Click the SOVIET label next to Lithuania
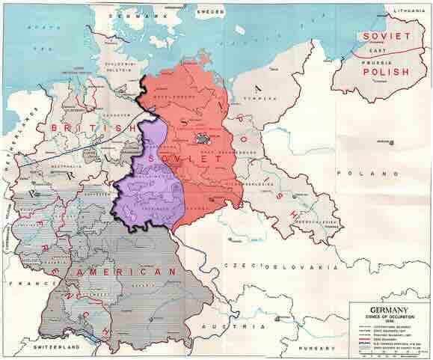[x=386, y=37]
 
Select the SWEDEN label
[x=211, y=13]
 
